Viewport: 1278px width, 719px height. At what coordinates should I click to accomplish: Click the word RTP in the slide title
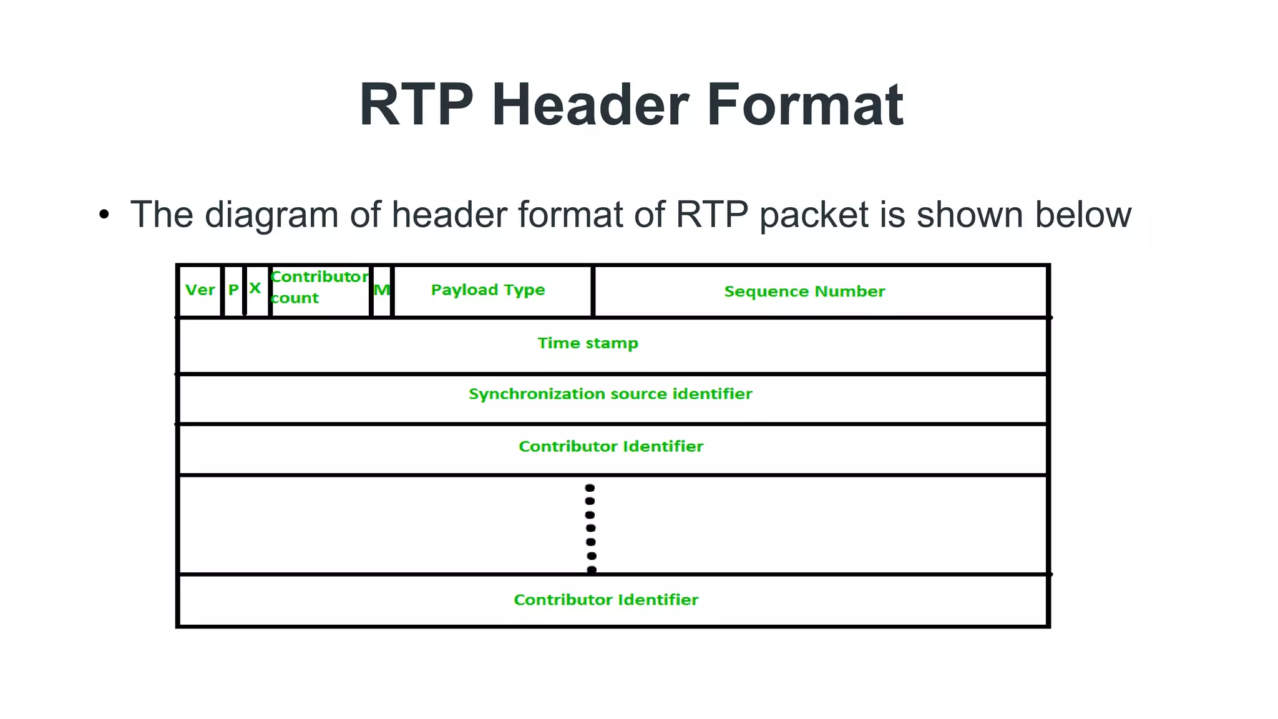pos(416,105)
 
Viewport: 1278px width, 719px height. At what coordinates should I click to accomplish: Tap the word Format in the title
pos(804,105)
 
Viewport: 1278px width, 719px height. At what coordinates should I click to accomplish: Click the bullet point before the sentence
pos(104,215)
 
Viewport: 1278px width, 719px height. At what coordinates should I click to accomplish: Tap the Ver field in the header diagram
pos(200,290)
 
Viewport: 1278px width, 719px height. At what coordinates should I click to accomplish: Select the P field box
pos(233,290)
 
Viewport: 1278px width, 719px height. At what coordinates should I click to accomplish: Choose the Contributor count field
pos(319,288)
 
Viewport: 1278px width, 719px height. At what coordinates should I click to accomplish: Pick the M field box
pos(381,290)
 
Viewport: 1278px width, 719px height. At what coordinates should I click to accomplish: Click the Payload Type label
pos(488,290)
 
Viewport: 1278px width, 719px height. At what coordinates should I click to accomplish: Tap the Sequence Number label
pos(804,291)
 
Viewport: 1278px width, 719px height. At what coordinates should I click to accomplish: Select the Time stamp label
pos(588,343)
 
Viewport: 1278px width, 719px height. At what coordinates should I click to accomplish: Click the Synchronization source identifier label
pos(610,394)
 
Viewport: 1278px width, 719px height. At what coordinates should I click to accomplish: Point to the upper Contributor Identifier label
pos(611,447)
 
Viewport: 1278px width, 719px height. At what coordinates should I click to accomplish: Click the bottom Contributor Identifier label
pos(606,600)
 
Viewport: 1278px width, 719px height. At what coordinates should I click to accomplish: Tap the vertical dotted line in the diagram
pos(590,528)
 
